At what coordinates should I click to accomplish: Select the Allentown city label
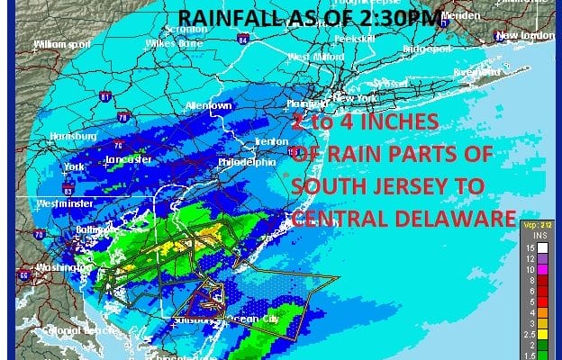coord(208,105)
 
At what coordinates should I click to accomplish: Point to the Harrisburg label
coord(72,136)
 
